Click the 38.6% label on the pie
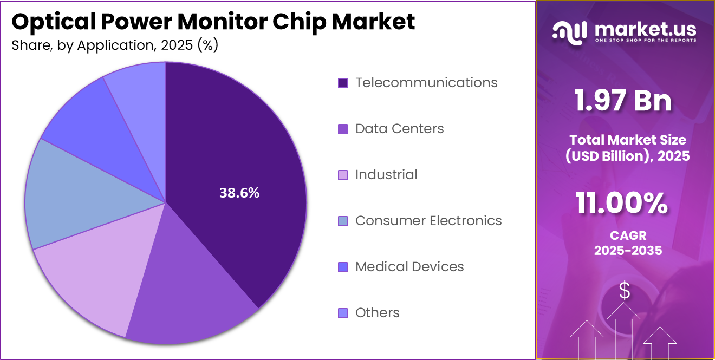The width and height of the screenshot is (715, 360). coord(239,193)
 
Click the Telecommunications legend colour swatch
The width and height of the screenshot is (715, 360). coord(342,83)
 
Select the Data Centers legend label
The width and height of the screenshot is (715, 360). coord(399,129)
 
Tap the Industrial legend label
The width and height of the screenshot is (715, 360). coord(386,175)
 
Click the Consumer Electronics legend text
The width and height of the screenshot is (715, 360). coord(428,221)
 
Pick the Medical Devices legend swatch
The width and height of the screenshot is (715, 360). coord(342,267)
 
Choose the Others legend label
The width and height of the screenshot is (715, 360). coord(378,313)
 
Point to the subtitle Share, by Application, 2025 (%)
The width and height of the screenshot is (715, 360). coord(115,45)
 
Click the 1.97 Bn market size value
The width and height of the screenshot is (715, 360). coord(623,101)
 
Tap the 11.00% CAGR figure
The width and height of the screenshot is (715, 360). coord(621,204)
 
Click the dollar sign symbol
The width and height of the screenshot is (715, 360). coord(625,291)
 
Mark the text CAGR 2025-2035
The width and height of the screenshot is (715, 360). coord(628,244)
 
